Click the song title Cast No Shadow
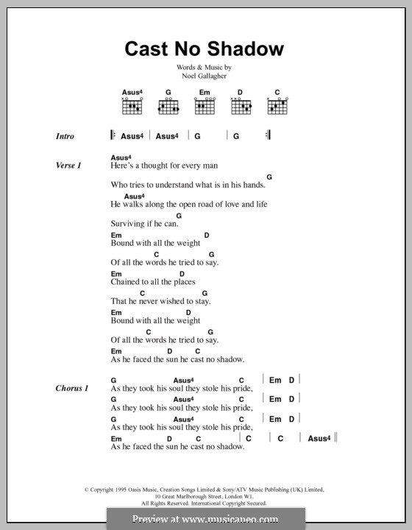(x=205, y=49)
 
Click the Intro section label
(x=65, y=136)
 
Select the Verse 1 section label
(x=68, y=166)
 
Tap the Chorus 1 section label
(x=71, y=387)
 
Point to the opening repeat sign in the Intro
(x=113, y=135)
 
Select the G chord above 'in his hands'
(x=269, y=177)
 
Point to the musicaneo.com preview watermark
(x=206, y=518)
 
